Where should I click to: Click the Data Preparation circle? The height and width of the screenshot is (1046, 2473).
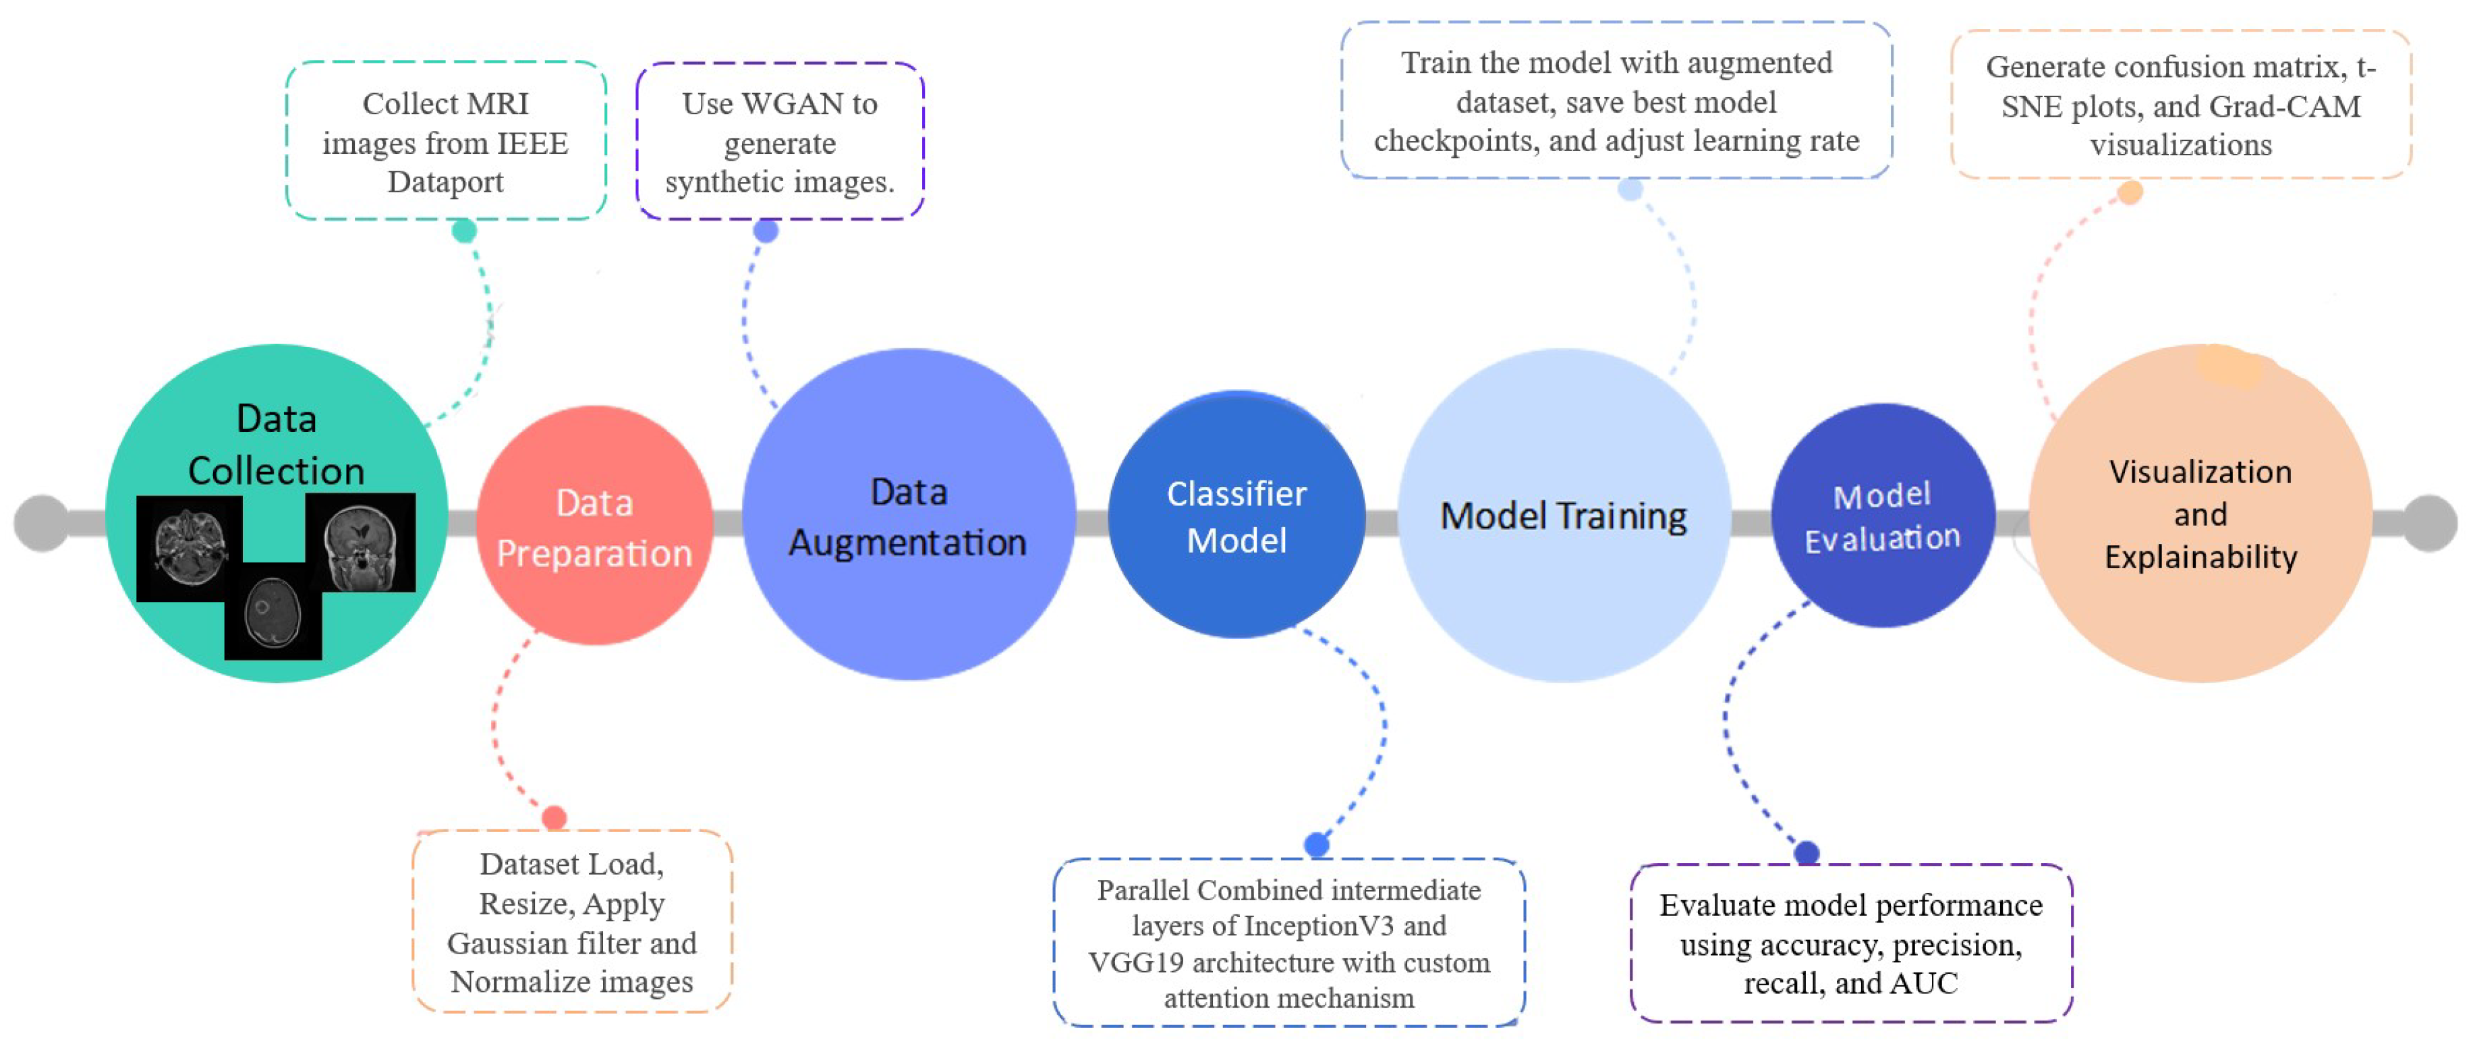594,526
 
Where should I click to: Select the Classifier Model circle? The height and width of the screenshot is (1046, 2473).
1236,516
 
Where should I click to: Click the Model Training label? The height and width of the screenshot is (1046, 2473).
1563,516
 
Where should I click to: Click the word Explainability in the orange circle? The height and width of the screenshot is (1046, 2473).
2200,557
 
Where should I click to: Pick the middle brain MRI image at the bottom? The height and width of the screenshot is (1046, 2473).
273,613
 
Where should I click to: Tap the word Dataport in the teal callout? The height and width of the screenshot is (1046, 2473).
445,182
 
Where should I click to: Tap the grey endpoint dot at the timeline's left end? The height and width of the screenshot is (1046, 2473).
41,524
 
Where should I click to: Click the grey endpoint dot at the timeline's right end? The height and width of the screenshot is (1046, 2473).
2429,524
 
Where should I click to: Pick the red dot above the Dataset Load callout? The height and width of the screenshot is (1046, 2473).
554,817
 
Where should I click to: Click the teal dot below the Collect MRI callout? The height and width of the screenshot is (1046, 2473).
463,231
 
